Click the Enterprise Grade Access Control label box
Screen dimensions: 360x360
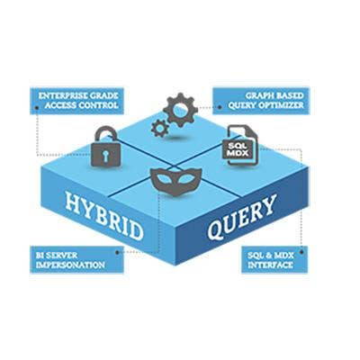tap(76, 101)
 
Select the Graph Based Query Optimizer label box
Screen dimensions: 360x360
tap(261, 101)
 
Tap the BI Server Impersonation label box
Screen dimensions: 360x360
tap(76, 260)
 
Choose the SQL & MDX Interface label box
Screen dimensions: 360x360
tap(274, 260)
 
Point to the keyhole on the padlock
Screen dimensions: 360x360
tap(105, 156)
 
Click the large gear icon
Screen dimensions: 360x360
tap(180, 110)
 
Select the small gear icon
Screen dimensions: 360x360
tap(160, 129)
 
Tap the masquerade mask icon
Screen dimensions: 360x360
tap(176, 181)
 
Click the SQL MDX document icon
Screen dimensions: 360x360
tap(240, 145)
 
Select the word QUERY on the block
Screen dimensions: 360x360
tap(242, 216)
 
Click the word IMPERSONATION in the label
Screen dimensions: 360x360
tap(70, 265)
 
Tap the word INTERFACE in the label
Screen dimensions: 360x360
tap(270, 265)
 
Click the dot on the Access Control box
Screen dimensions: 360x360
tap(37, 107)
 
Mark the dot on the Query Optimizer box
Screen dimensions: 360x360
tap(220, 106)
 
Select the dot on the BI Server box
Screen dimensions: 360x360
tap(117, 253)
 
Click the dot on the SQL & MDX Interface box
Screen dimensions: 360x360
tap(301, 253)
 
